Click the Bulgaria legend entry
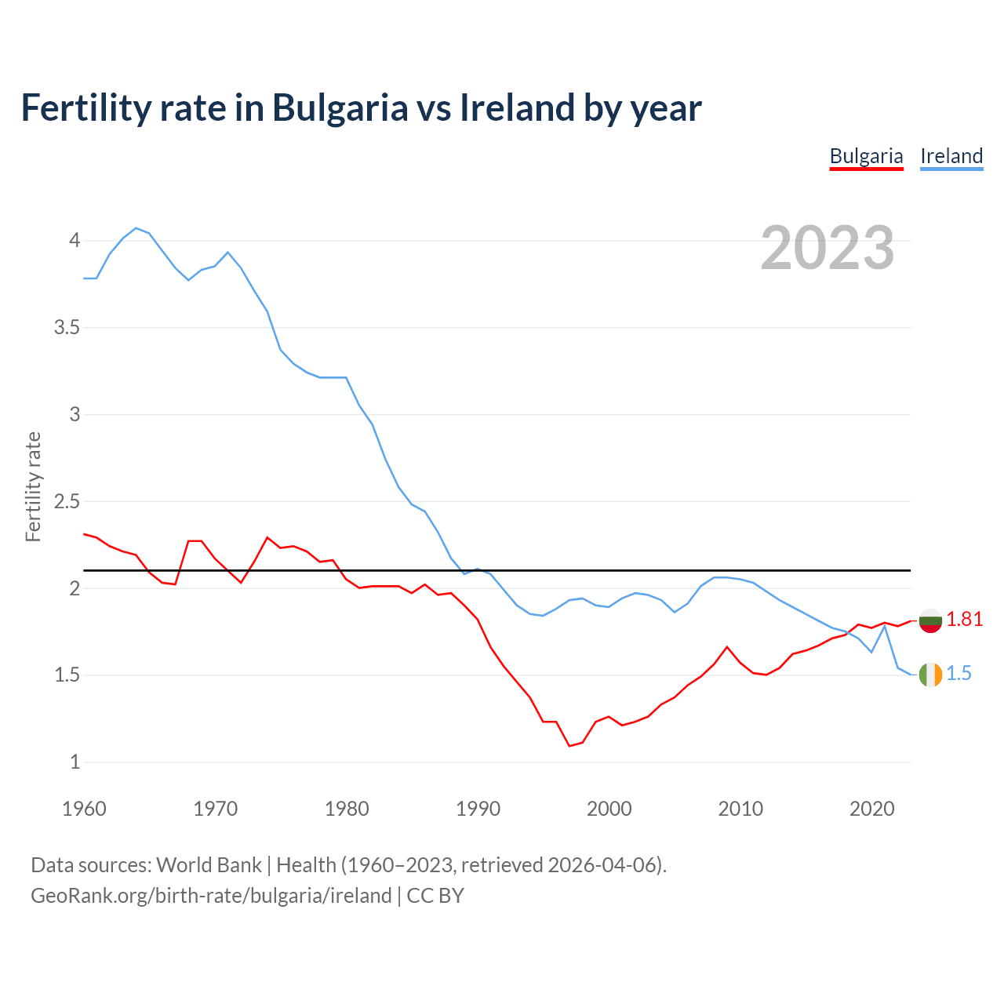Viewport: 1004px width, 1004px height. (866, 156)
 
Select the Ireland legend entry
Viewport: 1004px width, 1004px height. (951, 156)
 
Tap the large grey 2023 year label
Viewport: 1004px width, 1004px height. (828, 248)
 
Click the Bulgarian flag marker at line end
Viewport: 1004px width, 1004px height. (930, 620)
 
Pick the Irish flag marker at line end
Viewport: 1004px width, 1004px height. (930, 675)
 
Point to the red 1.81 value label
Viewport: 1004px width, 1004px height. (964, 620)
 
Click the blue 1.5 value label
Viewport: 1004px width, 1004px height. (959, 674)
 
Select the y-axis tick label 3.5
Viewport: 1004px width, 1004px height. (67, 328)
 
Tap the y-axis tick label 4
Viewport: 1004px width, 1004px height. (75, 240)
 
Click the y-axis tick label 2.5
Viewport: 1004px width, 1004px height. (67, 501)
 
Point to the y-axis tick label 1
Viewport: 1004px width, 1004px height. (75, 762)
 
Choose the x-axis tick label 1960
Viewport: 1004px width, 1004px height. (84, 809)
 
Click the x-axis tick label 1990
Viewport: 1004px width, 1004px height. (478, 809)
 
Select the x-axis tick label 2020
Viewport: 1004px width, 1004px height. (871, 809)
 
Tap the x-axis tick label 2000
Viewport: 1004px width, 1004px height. (609, 809)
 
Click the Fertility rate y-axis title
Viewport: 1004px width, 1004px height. (33, 486)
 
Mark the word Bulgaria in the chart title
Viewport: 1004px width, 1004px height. (340, 107)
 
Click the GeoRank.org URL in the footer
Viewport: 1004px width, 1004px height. (211, 896)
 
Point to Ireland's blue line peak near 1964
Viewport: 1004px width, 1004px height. (136, 228)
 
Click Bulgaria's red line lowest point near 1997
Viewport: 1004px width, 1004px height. (569, 746)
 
